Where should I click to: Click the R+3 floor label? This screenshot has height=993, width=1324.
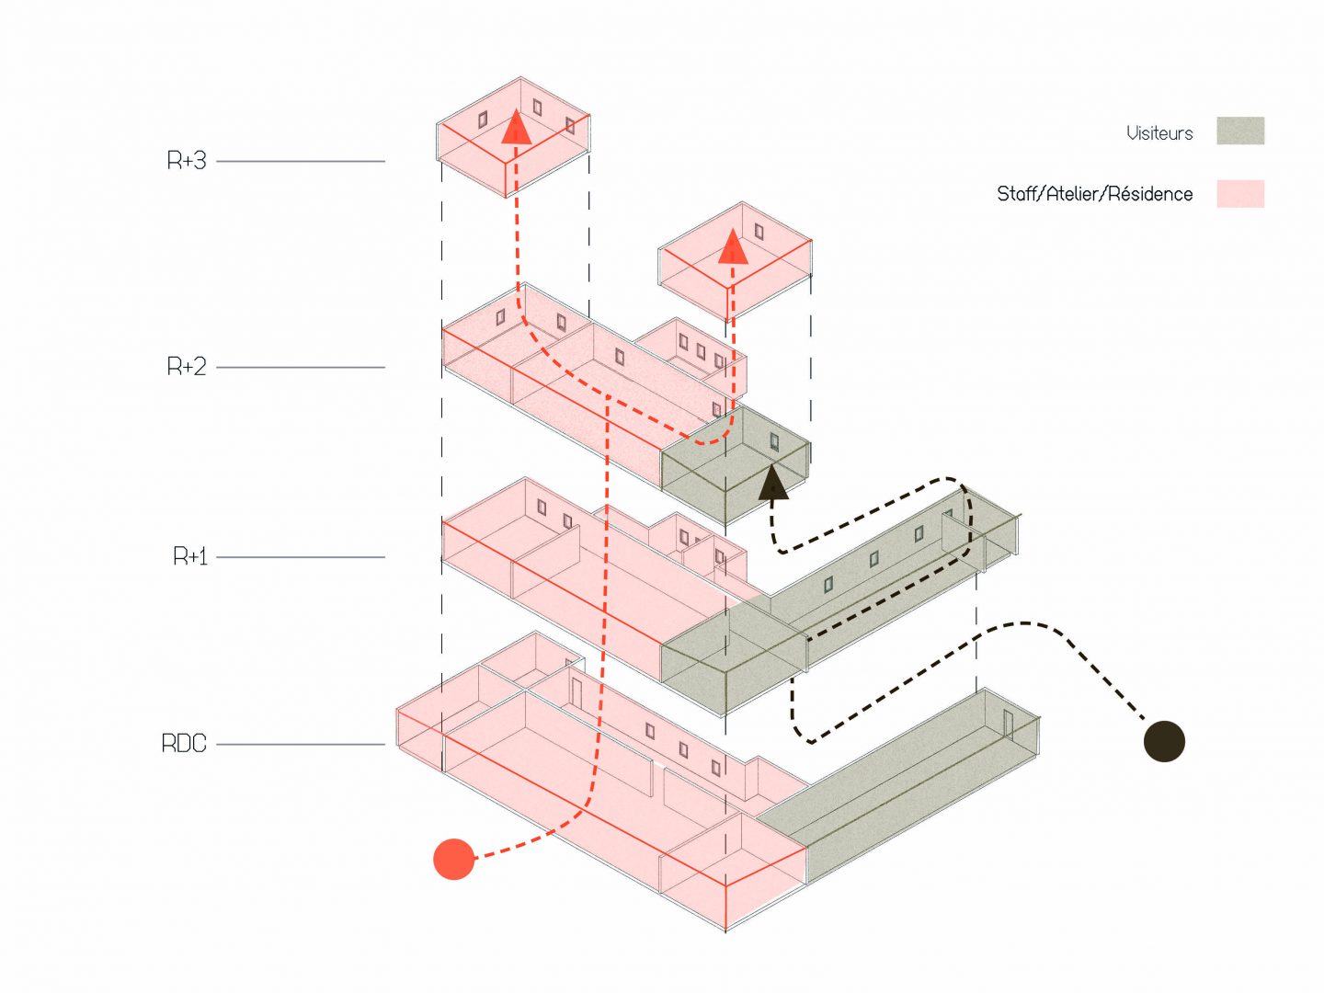pyautogui.click(x=187, y=161)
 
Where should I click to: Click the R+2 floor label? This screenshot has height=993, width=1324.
pyautogui.click(x=187, y=367)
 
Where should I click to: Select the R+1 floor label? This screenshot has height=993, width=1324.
pyautogui.click(x=190, y=556)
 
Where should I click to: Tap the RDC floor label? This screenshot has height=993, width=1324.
pyautogui.click(x=184, y=744)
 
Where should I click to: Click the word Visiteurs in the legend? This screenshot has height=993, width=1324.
pyautogui.click(x=1159, y=133)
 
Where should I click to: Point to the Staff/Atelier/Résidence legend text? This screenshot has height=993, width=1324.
pyautogui.click(x=1094, y=194)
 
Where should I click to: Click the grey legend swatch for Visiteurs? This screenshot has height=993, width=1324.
pyautogui.click(x=1240, y=131)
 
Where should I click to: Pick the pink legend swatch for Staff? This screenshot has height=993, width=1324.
pyautogui.click(x=1240, y=194)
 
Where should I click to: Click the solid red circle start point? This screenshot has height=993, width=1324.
pyautogui.click(x=453, y=859)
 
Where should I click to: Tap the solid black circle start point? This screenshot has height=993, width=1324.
pyautogui.click(x=1164, y=741)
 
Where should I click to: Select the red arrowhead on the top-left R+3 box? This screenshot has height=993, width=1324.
pyautogui.click(x=516, y=128)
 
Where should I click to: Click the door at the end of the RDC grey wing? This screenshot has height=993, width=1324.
pyautogui.click(x=1008, y=725)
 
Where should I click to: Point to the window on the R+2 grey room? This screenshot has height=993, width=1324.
pyautogui.click(x=774, y=441)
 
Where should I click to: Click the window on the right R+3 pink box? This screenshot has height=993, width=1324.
pyautogui.click(x=759, y=230)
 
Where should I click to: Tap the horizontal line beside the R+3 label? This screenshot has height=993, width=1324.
pyautogui.click(x=300, y=162)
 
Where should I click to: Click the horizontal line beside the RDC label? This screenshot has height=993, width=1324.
pyautogui.click(x=300, y=745)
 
